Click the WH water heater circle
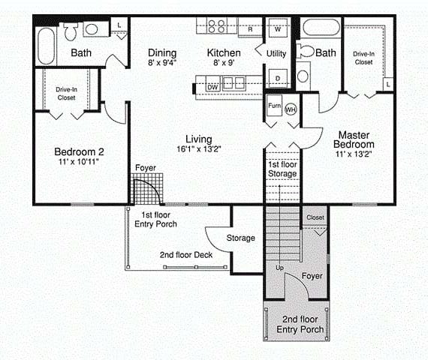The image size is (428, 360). (291, 109)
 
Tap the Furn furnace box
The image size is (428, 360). (274, 106)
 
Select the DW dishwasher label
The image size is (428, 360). (213, 87)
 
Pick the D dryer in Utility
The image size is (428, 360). (278, 78)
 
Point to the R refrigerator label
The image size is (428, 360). (250, 29)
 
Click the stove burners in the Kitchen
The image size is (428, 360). (217, 25)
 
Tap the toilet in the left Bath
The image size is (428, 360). (71, 31)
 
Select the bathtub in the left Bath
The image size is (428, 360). (46, 46)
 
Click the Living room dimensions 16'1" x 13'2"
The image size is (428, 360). (199, 149)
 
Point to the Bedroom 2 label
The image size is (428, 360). (79, 151)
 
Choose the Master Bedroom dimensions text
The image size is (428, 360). (354, 154)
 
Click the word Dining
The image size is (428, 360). (162, 53)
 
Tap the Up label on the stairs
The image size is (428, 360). (279, 268)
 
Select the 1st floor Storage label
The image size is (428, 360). (282, 169)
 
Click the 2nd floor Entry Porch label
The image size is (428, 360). (300, 324)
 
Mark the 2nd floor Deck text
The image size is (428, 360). (186, 255)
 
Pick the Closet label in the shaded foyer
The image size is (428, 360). (315, 217)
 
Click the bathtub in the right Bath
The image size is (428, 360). (321, 27)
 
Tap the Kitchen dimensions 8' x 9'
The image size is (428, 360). (224, 63)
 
